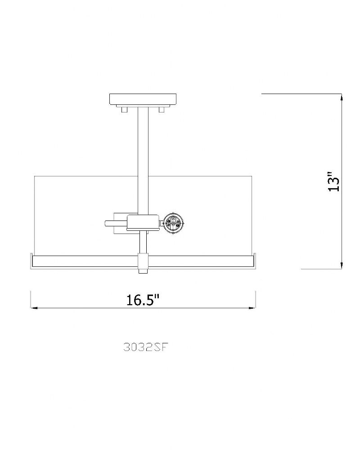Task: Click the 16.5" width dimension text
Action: [x=143, y=300]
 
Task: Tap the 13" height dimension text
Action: [x=333, y=182]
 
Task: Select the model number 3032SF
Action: [x=145, y=347]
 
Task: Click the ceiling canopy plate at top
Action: [x=143, y=99]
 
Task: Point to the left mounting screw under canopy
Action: [x=125, y=110]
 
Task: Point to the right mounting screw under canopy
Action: [x=162, y=110]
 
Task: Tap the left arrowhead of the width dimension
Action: [x=34, y=308]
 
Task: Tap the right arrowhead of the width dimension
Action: [x=252, y=308]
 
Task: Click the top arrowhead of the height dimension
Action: [x=342, y=97]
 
